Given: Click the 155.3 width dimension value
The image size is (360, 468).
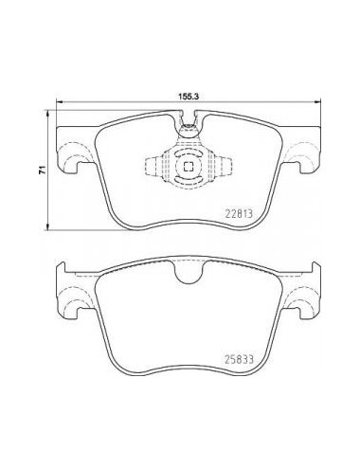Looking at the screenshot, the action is point(188,97).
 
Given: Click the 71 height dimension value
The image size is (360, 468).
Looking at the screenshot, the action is point(41,170).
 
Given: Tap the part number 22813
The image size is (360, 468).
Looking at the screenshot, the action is point(239,214).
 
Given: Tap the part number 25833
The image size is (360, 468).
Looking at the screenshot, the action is point(239,359).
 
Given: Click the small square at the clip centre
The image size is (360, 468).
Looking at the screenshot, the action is point(189,166).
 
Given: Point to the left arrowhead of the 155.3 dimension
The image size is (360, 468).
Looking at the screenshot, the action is point(59,101).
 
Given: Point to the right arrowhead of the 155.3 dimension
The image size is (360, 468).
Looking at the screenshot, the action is point(318,101).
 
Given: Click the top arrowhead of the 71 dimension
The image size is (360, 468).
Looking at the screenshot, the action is point(47,113).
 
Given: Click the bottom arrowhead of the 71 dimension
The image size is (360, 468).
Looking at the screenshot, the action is point(47,227).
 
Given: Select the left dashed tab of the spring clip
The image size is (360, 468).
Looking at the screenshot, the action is point(153,166).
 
